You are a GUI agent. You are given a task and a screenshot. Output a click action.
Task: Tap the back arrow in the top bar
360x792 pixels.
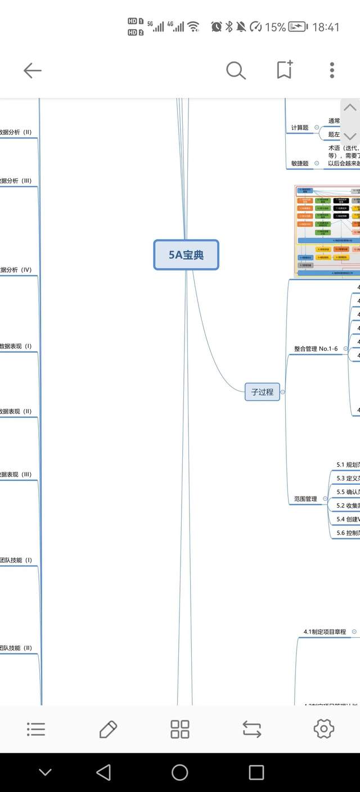[32, 70]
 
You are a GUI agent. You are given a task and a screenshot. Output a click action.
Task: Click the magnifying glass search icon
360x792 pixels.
[236, 70]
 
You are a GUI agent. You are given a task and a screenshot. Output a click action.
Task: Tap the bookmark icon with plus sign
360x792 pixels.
[285, 70]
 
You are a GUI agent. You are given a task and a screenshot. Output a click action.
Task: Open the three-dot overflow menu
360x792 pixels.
[332, 70]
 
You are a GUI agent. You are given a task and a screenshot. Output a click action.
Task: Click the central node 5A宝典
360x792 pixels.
[186, 255]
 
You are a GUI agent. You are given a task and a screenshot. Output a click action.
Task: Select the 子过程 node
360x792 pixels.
[262, 392]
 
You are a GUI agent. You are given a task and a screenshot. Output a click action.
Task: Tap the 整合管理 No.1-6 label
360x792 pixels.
[316, 349]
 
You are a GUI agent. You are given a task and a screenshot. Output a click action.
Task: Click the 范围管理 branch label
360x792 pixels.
[305, 499]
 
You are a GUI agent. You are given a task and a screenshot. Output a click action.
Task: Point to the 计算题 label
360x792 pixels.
[300, 128]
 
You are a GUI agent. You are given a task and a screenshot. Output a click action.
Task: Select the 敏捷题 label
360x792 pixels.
[300, 164]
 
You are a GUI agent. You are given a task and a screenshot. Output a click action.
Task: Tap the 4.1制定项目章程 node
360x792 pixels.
[325, 632]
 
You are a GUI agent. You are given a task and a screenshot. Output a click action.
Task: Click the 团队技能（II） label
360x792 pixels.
[16, 648]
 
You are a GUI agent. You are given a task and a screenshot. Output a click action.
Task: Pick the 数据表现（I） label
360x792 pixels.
[16, 346]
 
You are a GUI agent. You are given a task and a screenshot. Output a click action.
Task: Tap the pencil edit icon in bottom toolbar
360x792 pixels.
[108, 729]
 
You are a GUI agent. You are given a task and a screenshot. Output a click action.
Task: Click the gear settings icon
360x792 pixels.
[324, 729]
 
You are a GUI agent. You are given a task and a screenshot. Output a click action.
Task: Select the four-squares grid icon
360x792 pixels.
[180, 729]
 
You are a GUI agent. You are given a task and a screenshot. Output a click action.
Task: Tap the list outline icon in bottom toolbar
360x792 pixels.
[36, 729]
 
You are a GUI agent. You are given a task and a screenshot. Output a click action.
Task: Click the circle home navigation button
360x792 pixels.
[180, 772]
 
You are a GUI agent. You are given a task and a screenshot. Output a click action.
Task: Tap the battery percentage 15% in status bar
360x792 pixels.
[275, 27]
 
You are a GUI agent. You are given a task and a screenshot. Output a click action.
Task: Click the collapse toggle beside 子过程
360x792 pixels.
[283, 392]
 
